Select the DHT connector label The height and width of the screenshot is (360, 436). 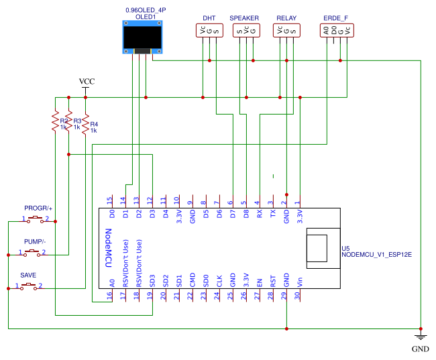(209, 17)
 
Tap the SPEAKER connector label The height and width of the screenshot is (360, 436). (244, 17)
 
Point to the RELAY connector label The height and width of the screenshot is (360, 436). (286, 17)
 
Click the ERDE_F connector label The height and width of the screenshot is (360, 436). (335, 17)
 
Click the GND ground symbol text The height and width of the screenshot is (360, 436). (420, 349)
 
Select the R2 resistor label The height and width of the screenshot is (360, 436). (64, 120)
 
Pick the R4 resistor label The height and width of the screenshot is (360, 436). (94, 124)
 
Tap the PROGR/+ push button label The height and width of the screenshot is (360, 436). (38, 208)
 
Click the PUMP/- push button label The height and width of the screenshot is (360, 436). (35, 241)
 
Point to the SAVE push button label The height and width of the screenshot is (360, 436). (28, 275)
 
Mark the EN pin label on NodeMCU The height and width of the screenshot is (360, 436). (259, 282)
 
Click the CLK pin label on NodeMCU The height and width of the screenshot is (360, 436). (219, 282)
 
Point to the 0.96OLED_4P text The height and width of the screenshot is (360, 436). (145, 10)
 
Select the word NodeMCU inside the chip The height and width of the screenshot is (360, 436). (108, 247)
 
